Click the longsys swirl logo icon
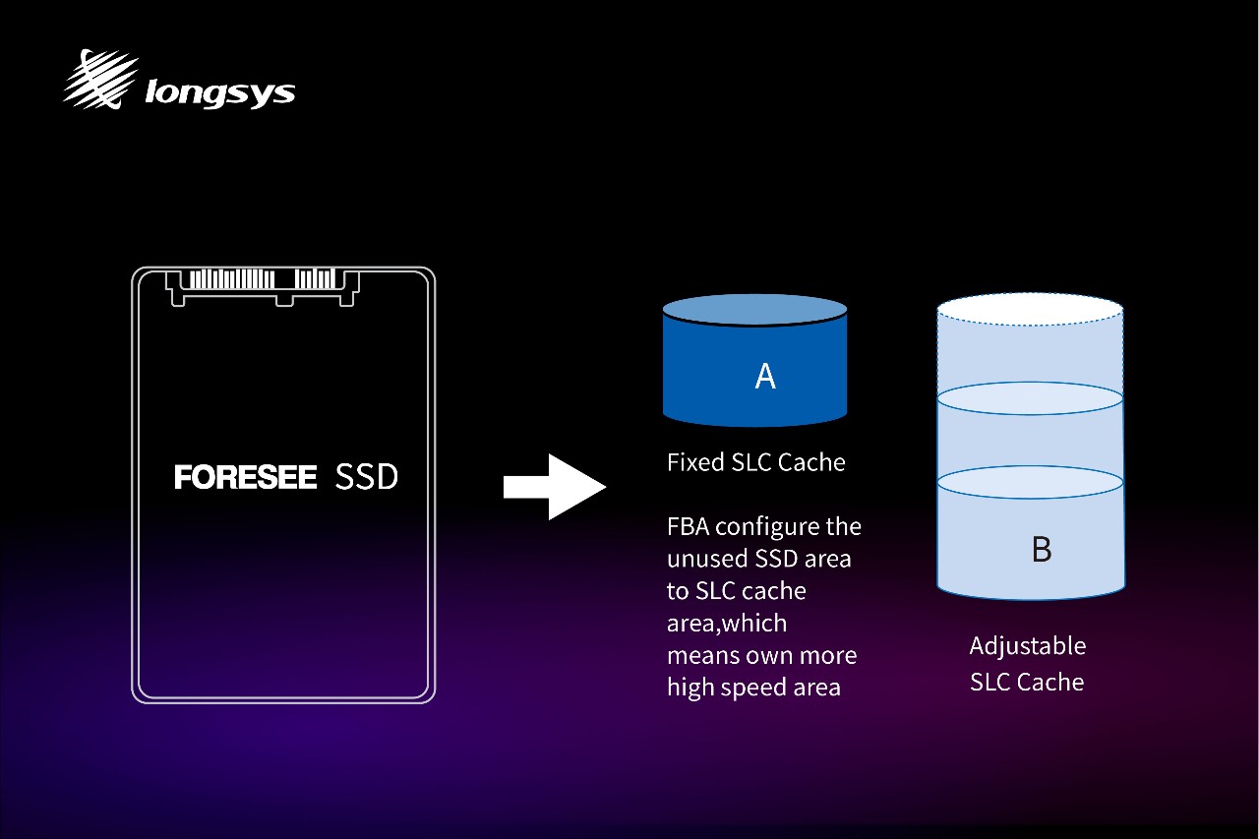coord(101,80)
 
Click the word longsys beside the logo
coord(219,93)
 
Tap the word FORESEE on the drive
coord(245,477)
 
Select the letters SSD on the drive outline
coord(367,477)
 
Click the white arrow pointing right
coord(555,487)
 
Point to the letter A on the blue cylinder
coord(765,376)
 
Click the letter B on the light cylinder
coord(1042,549)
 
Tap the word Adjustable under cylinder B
coord(1028,646)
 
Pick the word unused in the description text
coord(706,559)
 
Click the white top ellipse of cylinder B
coord(1030,309)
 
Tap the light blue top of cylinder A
coord(754,310)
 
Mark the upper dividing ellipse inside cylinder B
coord(1030,398)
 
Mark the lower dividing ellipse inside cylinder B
coord(1030,482)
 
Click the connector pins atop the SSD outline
coord(262,279)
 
